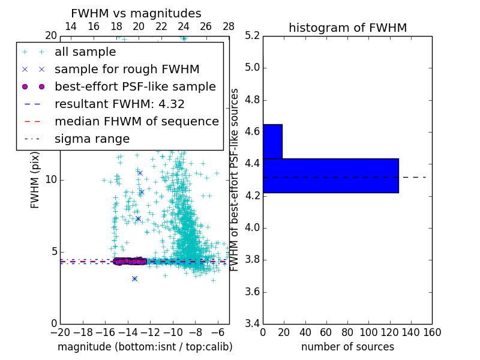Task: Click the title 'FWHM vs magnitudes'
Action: (x=136, y=13)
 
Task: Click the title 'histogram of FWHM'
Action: (x=347, y=28)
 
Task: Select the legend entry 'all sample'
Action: (x=85, y=52)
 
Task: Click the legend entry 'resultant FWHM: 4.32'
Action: (x=119, y=104)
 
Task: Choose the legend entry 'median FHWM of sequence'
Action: (x=136, y=121)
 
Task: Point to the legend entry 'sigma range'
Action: (x=92, y=139)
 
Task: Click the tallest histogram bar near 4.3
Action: (x=331, y=176)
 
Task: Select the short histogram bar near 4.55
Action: (x=272, y=141)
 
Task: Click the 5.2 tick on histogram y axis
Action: (x=253, y=35)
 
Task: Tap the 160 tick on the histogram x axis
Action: (x=432, y=332)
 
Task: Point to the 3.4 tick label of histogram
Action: (x=253, y=324)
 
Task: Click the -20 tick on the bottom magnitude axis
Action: (x=60, y=332)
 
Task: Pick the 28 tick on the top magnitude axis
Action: (x=229, y=26)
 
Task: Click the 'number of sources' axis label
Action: (x=347, y=347)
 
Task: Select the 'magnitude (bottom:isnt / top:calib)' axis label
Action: (x=145, y=347)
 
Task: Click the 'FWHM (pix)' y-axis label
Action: (x=35, y=179)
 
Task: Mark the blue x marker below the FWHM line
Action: (x=134, y=278)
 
